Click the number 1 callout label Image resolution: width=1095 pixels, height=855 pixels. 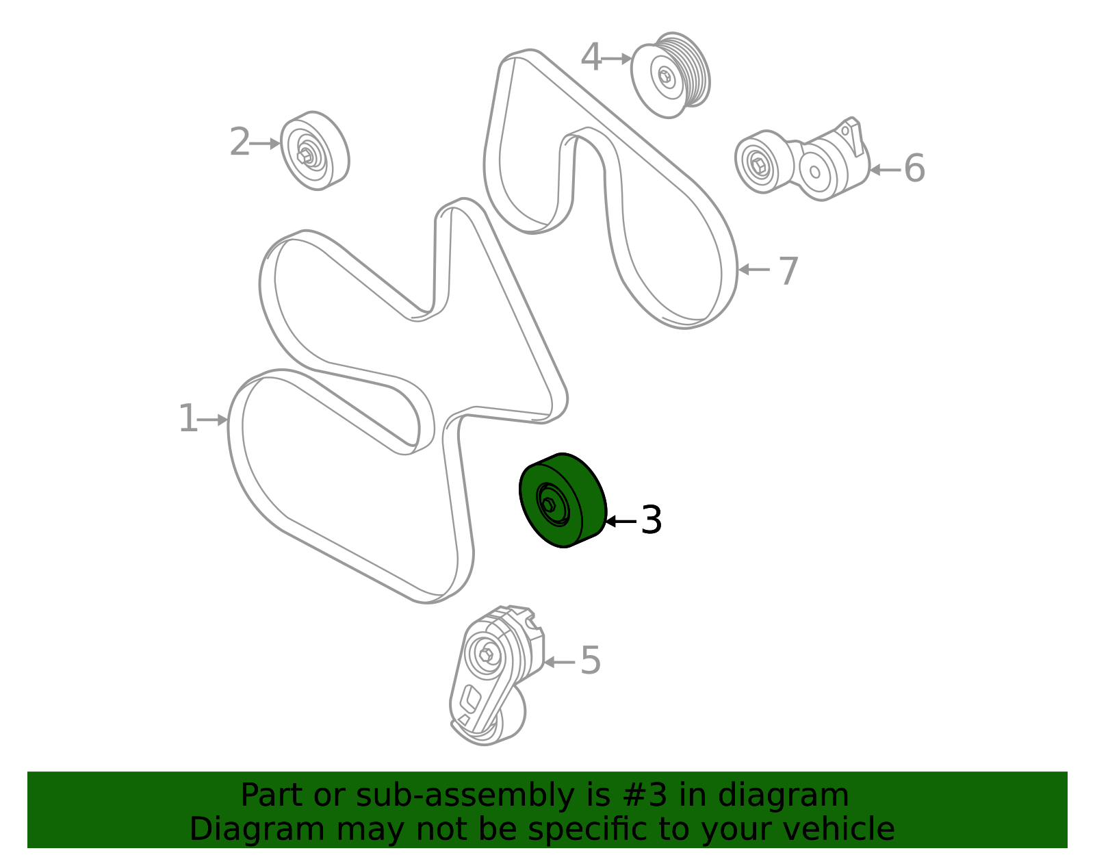pos(188,418)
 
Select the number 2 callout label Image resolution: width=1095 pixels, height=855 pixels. pos(240,142)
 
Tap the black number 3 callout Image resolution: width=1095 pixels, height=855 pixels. pos(651,520)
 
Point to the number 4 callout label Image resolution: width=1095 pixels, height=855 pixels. pos(591,57)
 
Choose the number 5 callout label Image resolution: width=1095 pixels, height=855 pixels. pos(591,660)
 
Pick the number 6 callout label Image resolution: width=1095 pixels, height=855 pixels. pos(914,168)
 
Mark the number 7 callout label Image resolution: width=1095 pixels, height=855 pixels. pos(788,270)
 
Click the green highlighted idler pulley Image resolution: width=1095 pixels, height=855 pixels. pos(563,500)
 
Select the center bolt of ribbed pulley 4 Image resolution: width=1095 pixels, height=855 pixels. pos(665,77)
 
